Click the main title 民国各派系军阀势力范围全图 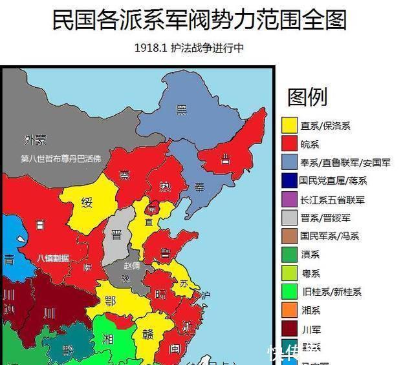click(199, 19)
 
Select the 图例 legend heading click(307, 97)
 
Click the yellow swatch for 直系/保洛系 click(289, 125)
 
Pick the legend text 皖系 click(310, 144)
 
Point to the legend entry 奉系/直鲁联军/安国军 click(345, 162)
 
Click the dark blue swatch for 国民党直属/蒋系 click(289, 181)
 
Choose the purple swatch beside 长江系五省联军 click(289, 200)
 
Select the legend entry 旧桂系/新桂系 click(331, 292)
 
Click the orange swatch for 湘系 click(289, 311)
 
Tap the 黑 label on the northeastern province click(182, 110)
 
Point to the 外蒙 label click(36, 140)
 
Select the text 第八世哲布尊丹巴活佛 click(61, 158)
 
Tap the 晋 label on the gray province click(117, 235)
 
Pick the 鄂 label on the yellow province click(110, 300)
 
